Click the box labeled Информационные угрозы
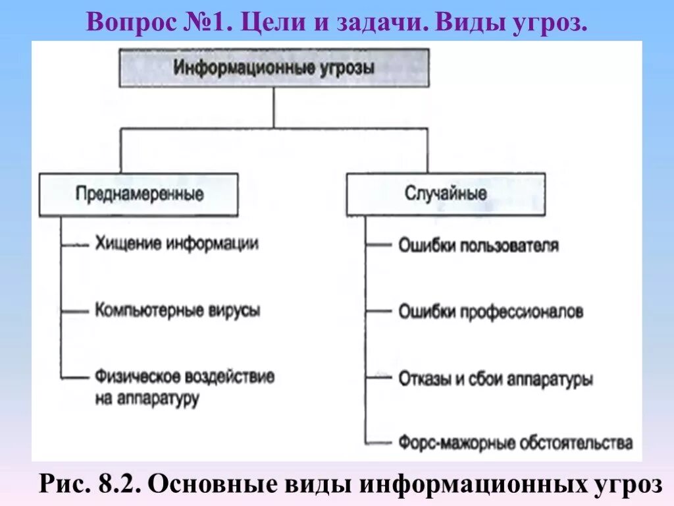tap(274, 68)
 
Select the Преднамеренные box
tap(138, 194)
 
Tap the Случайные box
tap(446, 194)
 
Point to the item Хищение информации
tap(176, 243)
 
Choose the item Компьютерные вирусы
tap(177, 310)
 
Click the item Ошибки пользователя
tap(479, 246)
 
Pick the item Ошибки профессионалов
tap(490, 312)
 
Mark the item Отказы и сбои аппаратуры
tap(496, 379)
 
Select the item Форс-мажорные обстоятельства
tap(515, 442)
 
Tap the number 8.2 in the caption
tap(115, 484)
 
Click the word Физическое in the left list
tap(136, 377)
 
